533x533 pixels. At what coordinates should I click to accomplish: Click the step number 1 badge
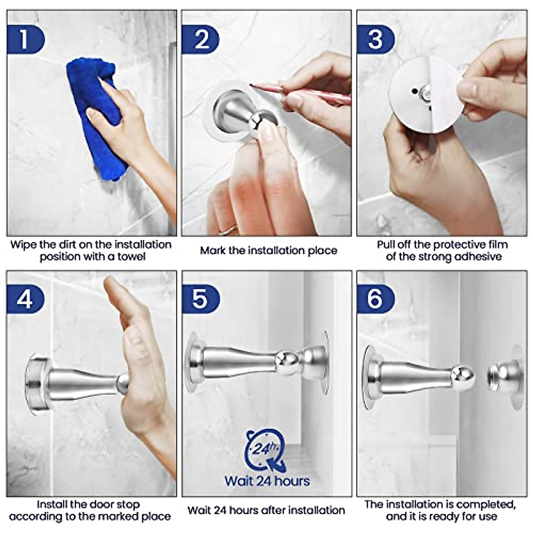25,39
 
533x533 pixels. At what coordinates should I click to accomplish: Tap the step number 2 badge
200,39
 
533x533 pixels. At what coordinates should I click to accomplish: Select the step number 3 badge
376,39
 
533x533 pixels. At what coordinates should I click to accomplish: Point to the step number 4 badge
25,299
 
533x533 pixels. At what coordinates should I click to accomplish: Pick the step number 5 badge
200,299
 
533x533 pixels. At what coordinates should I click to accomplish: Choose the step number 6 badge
376,299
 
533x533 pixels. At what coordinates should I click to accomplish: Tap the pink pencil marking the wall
300,93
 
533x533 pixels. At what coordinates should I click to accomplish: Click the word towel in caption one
131,257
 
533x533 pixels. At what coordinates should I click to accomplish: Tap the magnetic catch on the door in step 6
505,378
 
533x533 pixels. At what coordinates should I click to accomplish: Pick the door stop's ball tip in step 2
258,121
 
